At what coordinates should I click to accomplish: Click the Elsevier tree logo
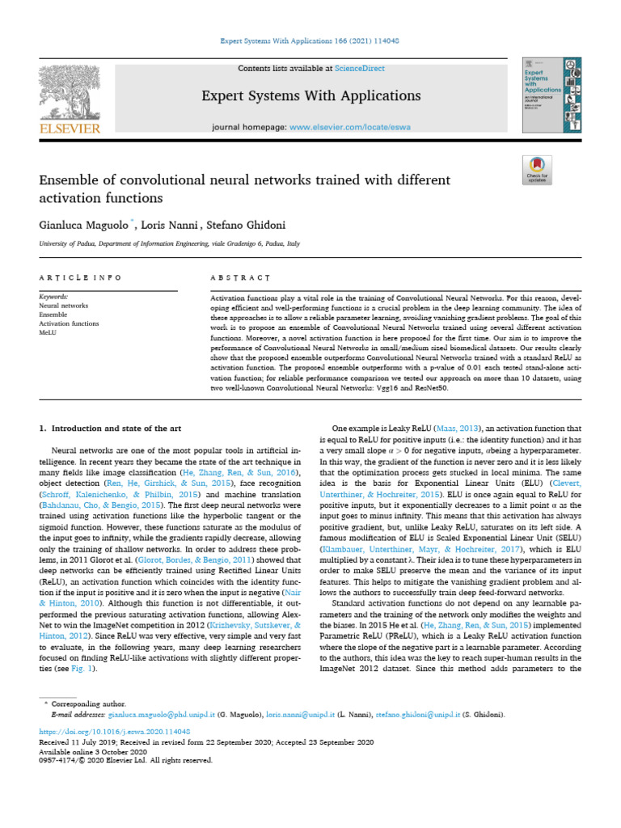70,93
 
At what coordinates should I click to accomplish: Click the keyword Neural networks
64,306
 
